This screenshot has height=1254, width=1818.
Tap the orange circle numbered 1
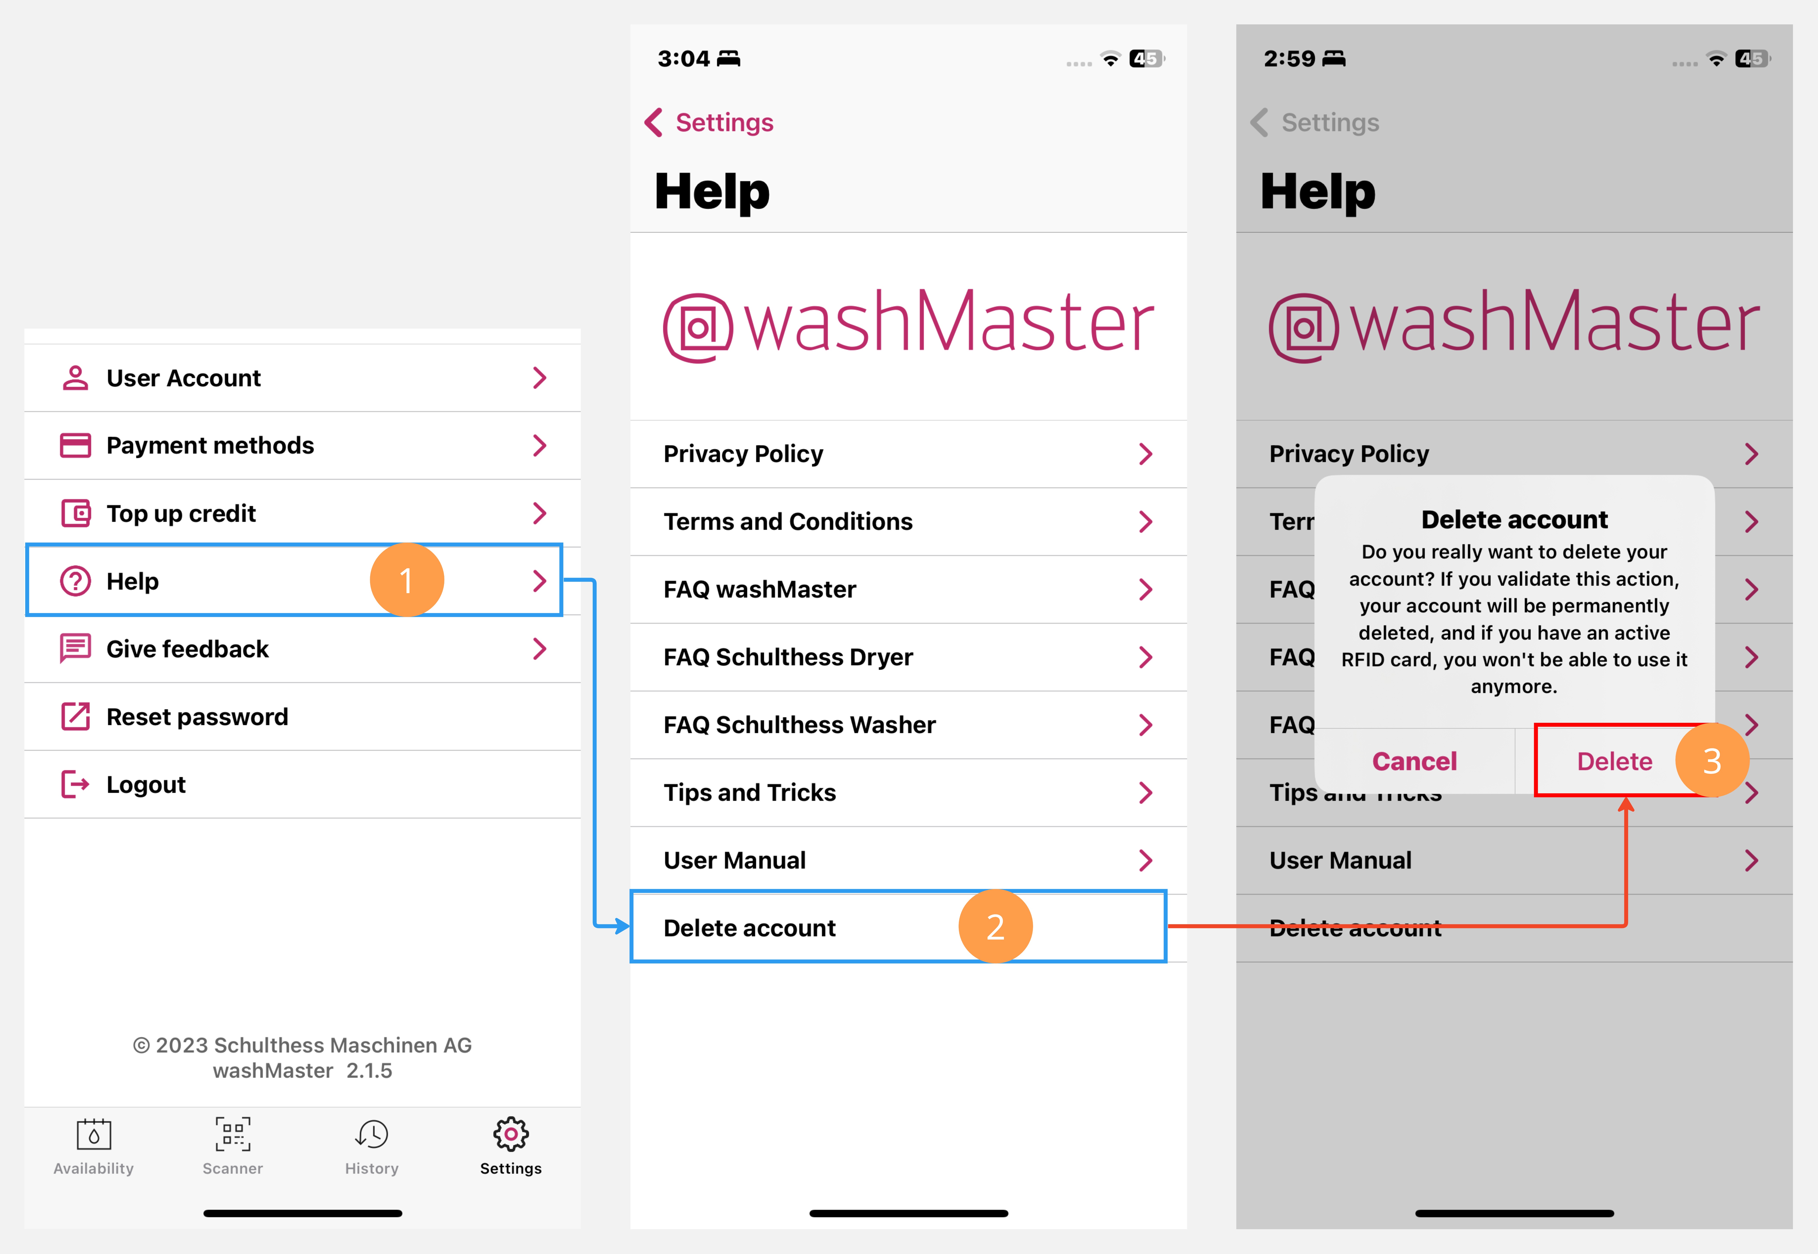(x=406, y=581)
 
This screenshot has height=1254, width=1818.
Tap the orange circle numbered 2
(x=995, y=926)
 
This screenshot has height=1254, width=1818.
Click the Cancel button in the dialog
(x=1414, y=761)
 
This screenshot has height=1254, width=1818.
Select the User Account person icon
(x=76, y=378)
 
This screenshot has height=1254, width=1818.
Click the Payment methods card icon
(x=76, y=446)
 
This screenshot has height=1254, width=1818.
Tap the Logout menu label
(x=146, y=784)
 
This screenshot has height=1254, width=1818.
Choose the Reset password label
(x=197, y=717)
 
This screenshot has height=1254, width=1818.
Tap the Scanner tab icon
(x=233, y=1135)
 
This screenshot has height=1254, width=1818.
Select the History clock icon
(x=372, y=1135)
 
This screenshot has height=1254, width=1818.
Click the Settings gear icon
(x=511, y=1135)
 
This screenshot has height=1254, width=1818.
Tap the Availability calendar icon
(x=94, y=1135)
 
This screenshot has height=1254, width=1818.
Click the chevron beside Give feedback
(x=539, y=649)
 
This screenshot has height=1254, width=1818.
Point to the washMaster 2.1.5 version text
(x=303, y=1070)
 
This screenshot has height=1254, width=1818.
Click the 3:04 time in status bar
(x=683, y=59)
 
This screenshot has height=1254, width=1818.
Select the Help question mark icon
(x=76, y=581)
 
